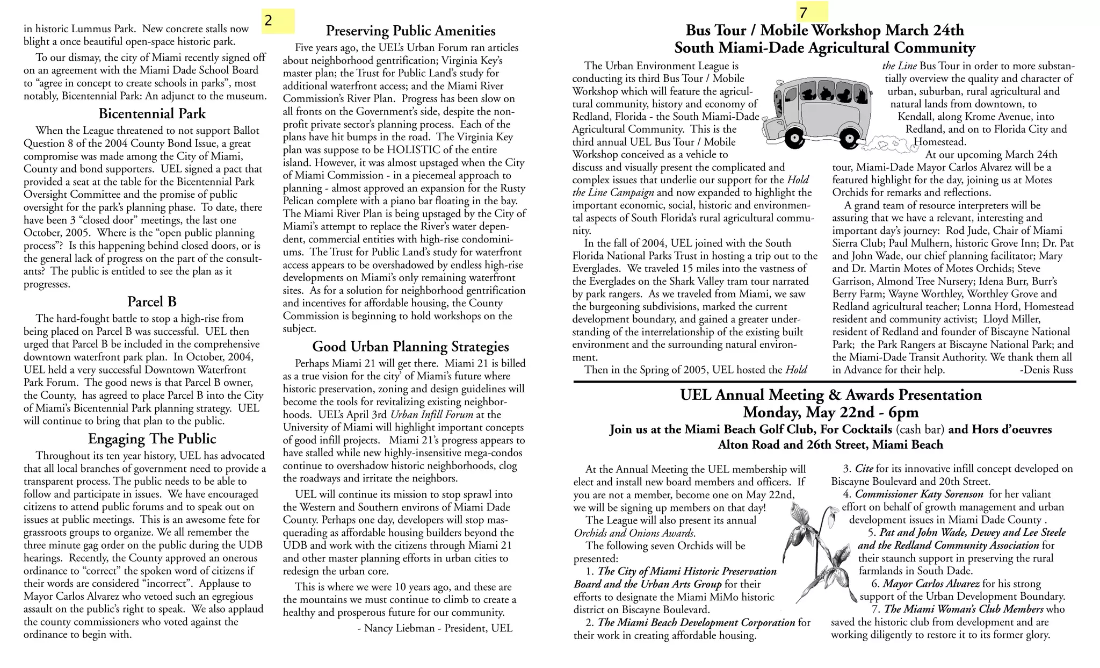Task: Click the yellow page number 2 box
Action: point(278,21)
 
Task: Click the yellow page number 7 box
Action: point(812,12)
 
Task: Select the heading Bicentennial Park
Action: point(152,114)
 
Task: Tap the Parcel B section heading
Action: point(152,301)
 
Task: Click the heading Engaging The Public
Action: point(152,439)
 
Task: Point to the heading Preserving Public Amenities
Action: point(410,31)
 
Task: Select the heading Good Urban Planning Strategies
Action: point(410,347)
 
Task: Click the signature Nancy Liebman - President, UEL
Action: point(435,628)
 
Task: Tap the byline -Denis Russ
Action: point(1045,370)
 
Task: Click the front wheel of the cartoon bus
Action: point(794,139)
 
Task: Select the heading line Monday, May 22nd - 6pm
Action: point(830,412)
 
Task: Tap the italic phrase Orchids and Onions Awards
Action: point(634,533)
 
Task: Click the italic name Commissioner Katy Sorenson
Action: point(919,494)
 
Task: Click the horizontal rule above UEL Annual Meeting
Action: point(824,382)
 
